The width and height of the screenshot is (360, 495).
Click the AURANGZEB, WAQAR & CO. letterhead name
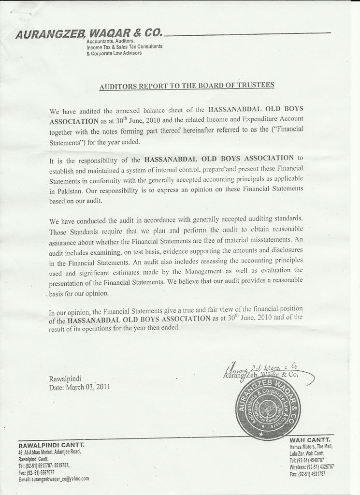pyautogui.click(x=89, y=34)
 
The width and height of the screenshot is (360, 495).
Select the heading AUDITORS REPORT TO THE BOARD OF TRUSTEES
pyautogui.click(x=187, y=86)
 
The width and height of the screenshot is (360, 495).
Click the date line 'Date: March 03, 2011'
pyautogui.click(x=79, y=387)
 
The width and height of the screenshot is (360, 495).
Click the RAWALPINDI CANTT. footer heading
pyautogui.click(x=51, y=445)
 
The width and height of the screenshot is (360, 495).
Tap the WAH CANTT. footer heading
pyautogui.click(x=310, y=440)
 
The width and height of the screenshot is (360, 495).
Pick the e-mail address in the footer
pyautogui.click(x=54, y=479)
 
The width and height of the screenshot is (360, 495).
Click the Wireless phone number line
pyautogui.click(x=312, y=467)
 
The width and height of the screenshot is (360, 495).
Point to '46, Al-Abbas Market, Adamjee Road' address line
pyautogui.click(x=49, y=452)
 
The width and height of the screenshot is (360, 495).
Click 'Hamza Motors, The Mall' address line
pyautogui.click(x=311, y=447)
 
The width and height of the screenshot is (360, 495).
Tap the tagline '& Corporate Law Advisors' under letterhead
pyautogui.click(x=114, y=53)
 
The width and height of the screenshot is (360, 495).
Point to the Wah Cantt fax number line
pyautogui.click(x=307, y=474)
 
